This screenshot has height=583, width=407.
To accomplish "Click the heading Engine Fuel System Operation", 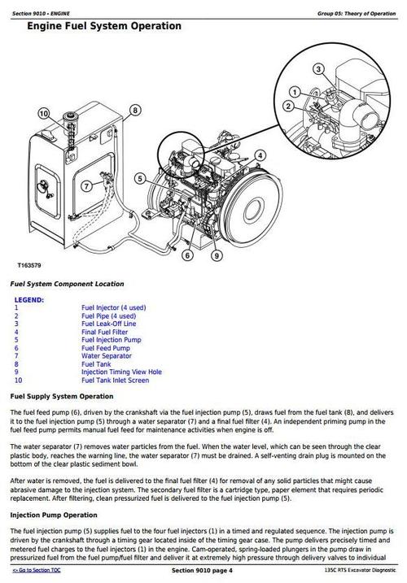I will point(103,27).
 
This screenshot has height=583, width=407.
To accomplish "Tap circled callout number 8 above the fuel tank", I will point(134,109).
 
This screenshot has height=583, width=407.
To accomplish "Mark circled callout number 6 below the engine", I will point(187,256).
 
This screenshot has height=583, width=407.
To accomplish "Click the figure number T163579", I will point(29,266).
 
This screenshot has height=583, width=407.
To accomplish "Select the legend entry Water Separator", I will point(107,355).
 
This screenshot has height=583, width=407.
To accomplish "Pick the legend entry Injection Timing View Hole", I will point(121,372).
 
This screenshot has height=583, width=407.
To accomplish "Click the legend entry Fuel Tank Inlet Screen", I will point(115,380).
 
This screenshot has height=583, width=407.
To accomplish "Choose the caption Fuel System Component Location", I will point(67,284).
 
